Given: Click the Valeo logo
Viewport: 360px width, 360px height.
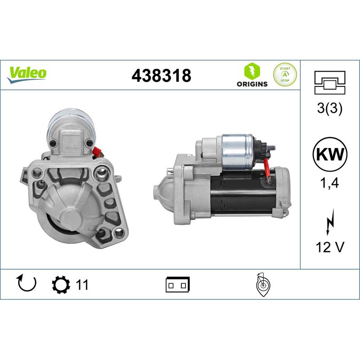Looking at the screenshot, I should (27, 73).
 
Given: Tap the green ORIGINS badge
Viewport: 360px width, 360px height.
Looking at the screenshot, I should (252, 75).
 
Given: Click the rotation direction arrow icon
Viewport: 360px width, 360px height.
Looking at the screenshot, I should (26, 284).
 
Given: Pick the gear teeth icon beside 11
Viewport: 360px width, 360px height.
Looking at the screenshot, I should (61, 284).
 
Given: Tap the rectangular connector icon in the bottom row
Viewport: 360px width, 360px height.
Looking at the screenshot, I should (178, 284).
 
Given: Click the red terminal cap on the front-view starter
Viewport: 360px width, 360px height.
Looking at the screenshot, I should (96, 152).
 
